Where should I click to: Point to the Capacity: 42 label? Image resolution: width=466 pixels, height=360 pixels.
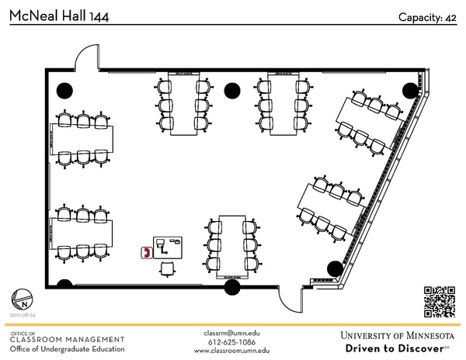coord(427,17)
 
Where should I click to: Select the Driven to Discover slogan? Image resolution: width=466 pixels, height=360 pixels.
coord(397,348)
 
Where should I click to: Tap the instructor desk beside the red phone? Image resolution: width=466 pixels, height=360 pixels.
coord(168,247)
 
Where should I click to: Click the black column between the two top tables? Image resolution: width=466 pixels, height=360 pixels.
coord(231,90)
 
